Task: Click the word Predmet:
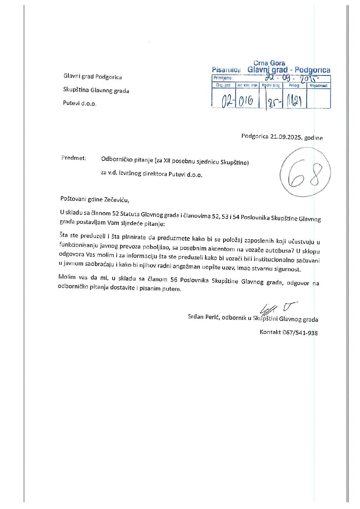click(x=74, y=158)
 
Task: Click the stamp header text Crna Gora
click(x=269, y=63)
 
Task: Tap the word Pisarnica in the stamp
click(x=226, y=70)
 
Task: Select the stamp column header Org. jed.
click(x=223, y=86)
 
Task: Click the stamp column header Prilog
click(x=294, y=86)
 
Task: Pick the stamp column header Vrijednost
click(x=318, y=86)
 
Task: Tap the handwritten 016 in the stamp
click(x=245, y=101)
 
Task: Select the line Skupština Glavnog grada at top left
click(x=96, y=90)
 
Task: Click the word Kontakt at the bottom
click(x=270, y=332)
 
